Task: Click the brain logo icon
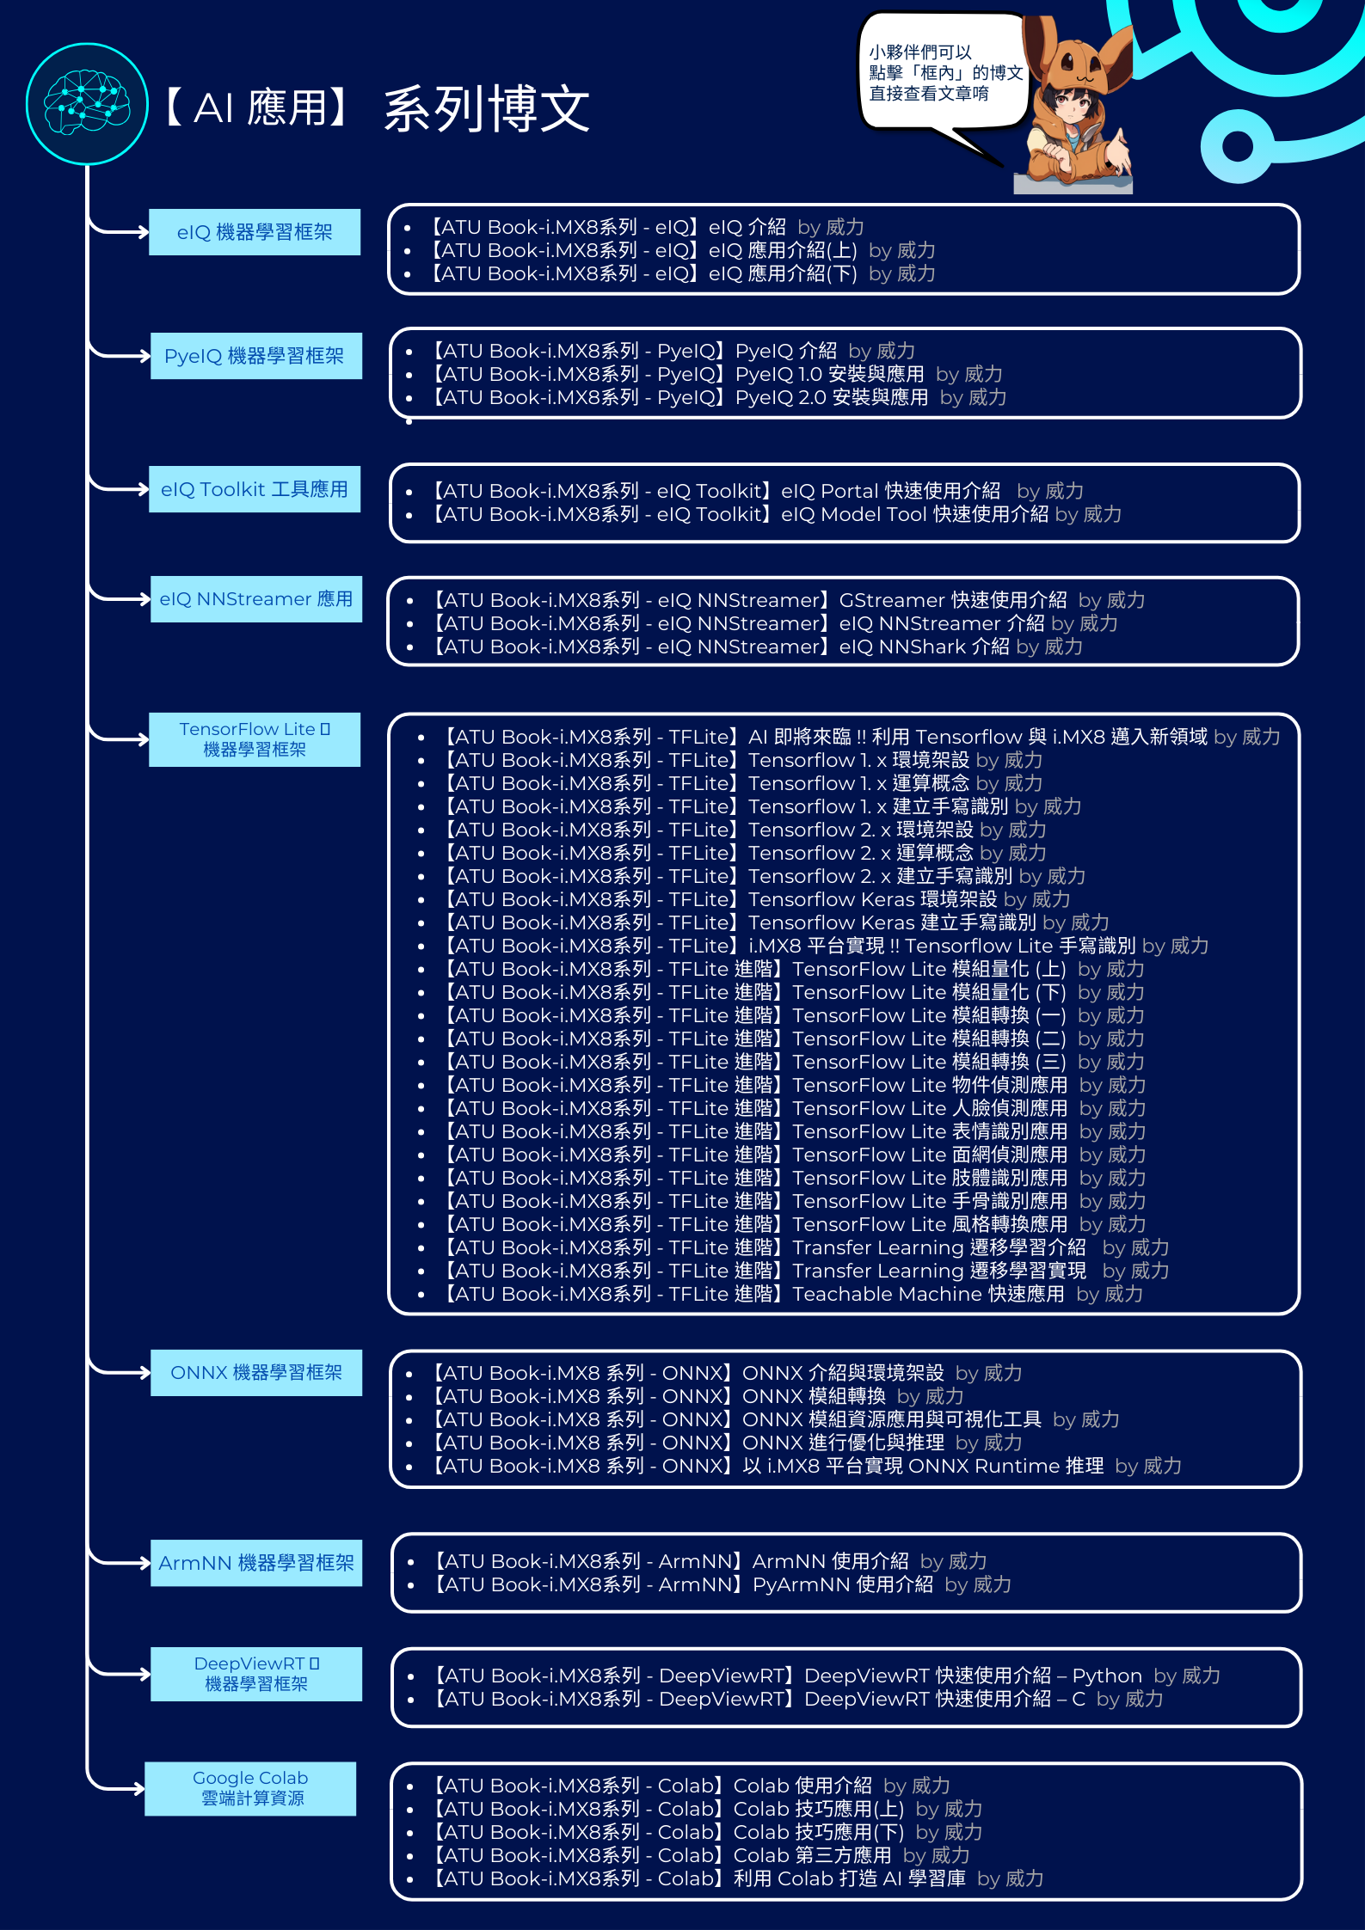(87, 104)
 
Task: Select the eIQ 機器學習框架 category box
(255, 232)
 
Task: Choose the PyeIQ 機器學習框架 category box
(255, 356)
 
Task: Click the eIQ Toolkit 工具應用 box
(255, 489)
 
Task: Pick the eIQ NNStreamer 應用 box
(255, 599)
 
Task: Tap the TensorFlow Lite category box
(255, 739)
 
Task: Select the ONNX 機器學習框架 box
(255, 1373)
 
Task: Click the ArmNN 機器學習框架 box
(255, 1563)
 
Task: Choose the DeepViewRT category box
(255, 1674)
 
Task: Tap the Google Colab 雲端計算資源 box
(250, 1788)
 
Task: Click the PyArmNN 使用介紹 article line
(722, 1584)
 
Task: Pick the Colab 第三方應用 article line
(701, 1855)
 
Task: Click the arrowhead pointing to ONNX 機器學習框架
(144, 1373)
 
